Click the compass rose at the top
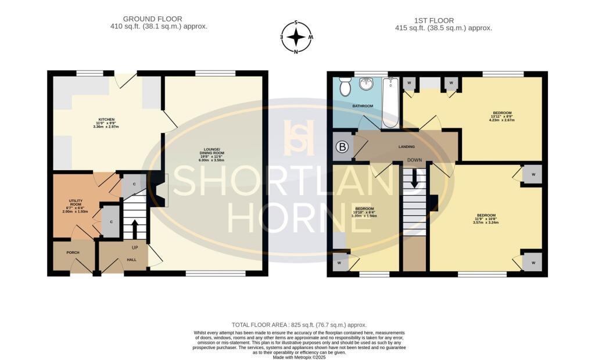[x=297, y=37]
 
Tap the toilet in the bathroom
[x=345, y=87]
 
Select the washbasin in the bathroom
[x=367, y=85]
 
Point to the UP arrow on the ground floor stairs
[x=134, y=228]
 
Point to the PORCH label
[x=73, y=253]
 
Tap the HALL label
[x=131, y=260]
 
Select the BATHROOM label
[x=363, y=107]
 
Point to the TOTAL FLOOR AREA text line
[x=299, y=325]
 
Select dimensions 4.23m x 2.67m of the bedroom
[x=503, y=120]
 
